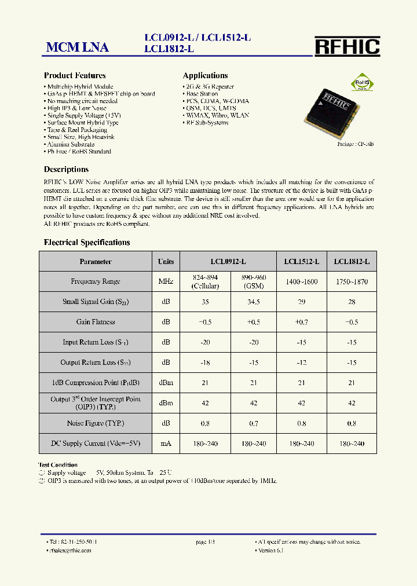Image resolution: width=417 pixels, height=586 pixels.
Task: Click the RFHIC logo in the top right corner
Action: coord(347,46)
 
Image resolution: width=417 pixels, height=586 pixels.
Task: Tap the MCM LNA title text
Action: coord(77,47)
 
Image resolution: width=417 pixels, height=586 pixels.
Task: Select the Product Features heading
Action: coord(75,75)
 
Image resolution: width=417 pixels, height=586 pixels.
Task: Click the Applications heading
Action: coord(205,75)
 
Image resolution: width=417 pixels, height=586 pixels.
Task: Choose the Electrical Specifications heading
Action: coord(87,242)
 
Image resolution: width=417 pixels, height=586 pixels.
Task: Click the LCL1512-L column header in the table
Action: coord(301,262)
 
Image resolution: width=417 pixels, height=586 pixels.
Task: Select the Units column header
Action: coord(166,262)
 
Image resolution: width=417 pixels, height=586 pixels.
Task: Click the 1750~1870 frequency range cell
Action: coord(352,281)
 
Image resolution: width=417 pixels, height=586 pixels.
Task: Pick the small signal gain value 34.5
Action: coord(253,302)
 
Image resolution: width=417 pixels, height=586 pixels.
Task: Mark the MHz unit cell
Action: coord(166,281)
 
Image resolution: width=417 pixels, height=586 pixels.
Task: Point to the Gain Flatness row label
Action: coord(96,322)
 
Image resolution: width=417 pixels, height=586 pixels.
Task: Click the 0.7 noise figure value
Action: coord(253,423)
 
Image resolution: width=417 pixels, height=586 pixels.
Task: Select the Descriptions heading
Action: coord(66,170)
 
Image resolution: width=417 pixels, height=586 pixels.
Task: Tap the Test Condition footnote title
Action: coord(58,464)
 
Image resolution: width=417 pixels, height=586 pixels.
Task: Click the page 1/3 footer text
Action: coord(205,542)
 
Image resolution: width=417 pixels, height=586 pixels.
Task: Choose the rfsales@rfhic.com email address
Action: coord(69,550)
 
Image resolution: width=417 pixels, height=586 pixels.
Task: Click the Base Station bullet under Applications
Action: coord(202,93)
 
